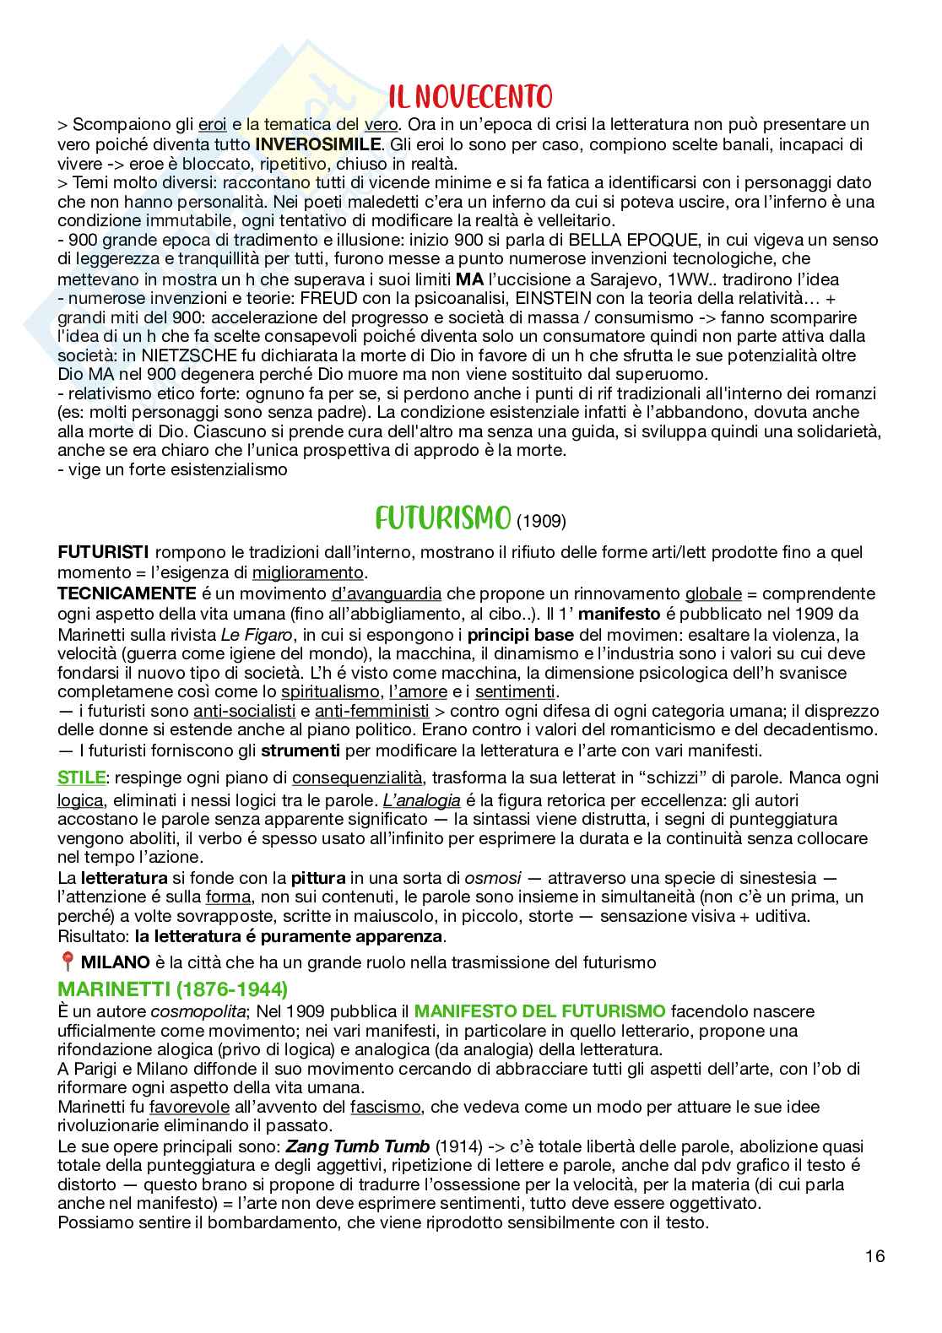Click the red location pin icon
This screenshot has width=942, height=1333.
(67, 962)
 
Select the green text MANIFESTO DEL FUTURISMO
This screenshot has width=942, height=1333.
(540, 1010)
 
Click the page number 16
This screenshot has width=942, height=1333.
(874, 1256)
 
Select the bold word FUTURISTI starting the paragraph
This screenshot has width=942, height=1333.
(103, 552)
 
